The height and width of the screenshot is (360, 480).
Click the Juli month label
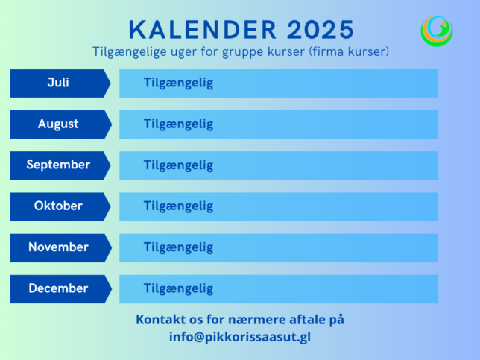pos(58,83)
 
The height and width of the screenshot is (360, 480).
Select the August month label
pos(58,124)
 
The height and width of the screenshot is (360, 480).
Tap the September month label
pos(58,165)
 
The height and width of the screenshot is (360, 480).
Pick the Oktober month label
pos(58,206)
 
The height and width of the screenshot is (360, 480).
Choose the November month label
pos(58,247)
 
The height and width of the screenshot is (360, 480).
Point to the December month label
pos(58,288)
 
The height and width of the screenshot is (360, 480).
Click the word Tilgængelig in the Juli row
pos(178,83)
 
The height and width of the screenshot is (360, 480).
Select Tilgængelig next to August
pos(178,124)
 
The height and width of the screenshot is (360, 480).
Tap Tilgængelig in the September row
pos(178,165)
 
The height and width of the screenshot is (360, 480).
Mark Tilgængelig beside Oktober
pos(178,206)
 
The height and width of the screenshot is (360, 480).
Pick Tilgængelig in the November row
pos(178,247)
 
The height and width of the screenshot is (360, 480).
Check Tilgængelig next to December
pos(178,289)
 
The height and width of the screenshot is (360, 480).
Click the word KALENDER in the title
pos(203,30)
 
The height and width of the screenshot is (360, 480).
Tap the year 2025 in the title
pos(320,30)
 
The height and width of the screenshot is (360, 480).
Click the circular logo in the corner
pos(437,31)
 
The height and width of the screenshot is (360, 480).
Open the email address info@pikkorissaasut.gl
pos(240,337)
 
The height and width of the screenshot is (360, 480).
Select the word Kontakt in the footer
pos(161,319)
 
